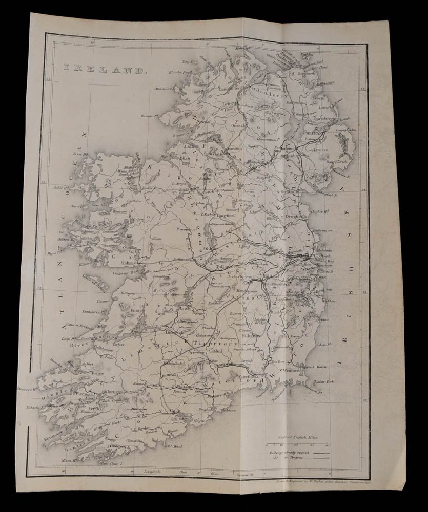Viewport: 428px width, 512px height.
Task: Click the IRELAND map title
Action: coord(105,69)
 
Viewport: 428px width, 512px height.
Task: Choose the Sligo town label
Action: coord(185,158)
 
